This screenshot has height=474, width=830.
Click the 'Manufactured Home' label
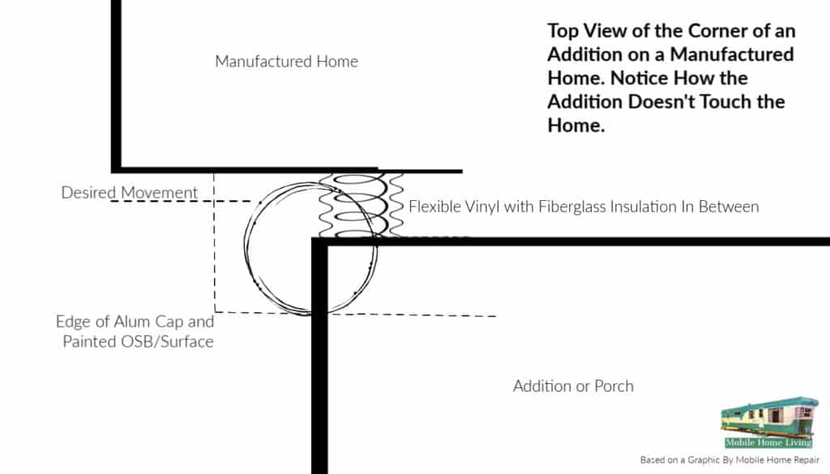[x=286, y=62]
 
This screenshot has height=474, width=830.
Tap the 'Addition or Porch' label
[x=573, y=386]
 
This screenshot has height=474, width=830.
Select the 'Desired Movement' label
[x=130, y=193]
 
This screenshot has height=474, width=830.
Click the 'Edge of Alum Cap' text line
[x=135, y=321]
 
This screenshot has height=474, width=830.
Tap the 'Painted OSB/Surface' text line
[x=138, y=341]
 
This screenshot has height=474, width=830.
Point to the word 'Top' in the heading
[x=565, y=32]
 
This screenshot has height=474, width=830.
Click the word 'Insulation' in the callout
[x=646, y=207]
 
